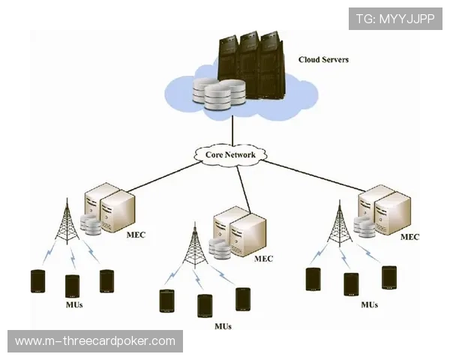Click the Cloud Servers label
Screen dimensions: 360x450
tap(323, 59)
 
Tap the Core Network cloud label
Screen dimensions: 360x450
tap(231, 155)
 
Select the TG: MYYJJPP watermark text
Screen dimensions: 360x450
tap(395, 18)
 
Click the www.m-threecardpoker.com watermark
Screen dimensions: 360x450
tap(95, 341)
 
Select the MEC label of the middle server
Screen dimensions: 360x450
tap(264, 259)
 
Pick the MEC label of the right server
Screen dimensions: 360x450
tap(409, 237)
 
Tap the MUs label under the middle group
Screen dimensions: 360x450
tap(223, 326)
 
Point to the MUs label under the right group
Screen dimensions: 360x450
tap(369, 304)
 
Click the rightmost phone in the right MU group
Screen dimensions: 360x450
tap(388, 277)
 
